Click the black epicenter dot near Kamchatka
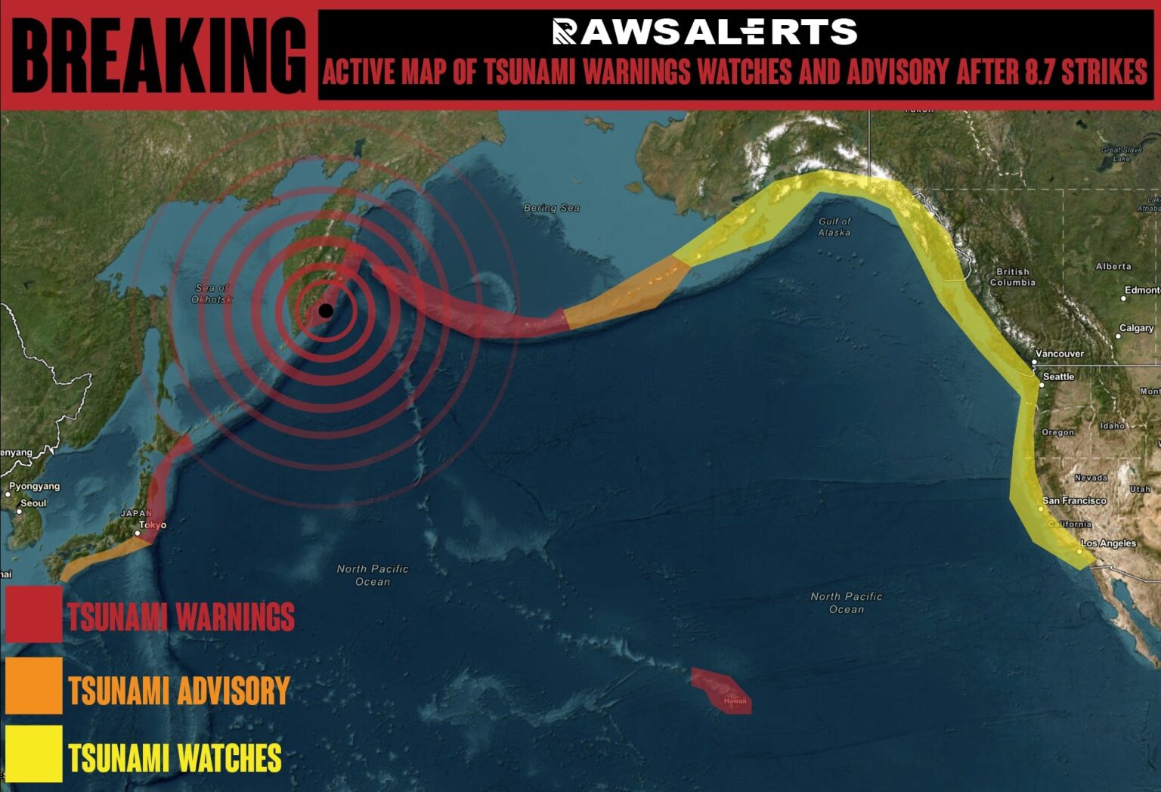pos(326,311)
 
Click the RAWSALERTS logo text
pos(704,32)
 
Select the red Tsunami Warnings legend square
pos(34,614)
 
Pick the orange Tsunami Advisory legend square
pos(34,685)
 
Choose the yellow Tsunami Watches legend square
pos(34,753)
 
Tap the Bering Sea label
pos(552,208)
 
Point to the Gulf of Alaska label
pos(834,227)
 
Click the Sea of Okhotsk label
pos(212,293)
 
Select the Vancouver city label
pos(1060,354)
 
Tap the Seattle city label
pos(1058,376)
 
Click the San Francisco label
pos(1074,500)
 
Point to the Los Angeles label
pos(1108,543)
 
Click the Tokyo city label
pos(153,524)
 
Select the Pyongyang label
pos(34,486)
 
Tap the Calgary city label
pos(1136,328)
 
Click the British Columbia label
pos(1013,277)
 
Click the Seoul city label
pos(33,503)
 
